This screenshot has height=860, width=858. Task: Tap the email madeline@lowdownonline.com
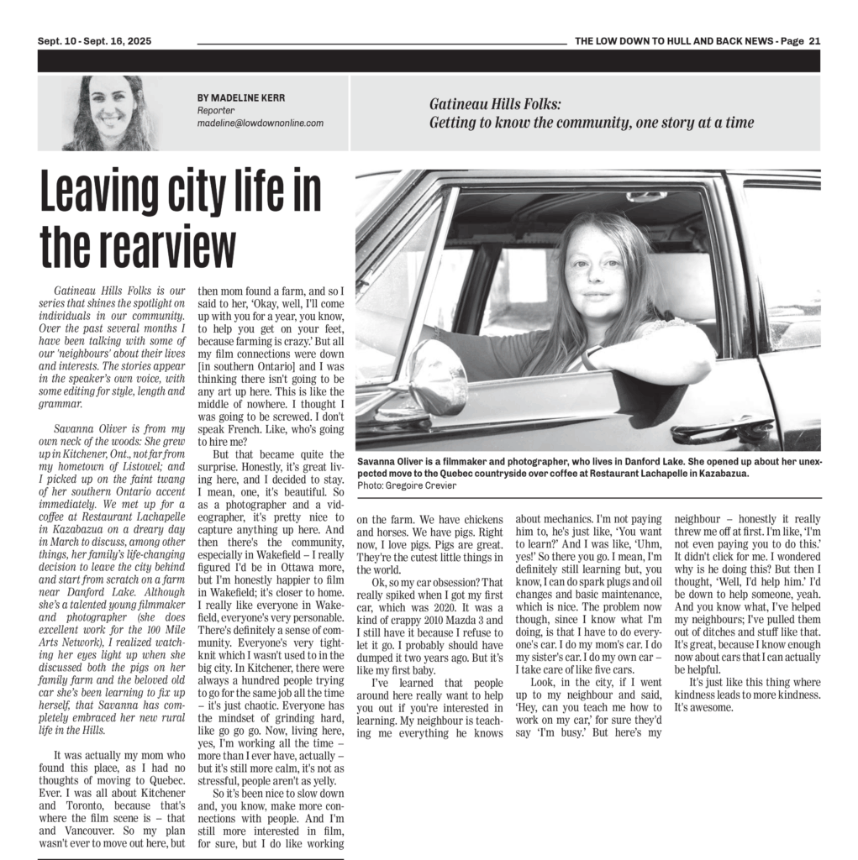[260, 123]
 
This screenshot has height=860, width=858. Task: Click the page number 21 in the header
[814, 41]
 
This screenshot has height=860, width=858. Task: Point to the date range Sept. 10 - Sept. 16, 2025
[94, 41]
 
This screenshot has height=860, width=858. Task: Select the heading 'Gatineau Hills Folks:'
[495, 105]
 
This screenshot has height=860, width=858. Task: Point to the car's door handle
[722, 432]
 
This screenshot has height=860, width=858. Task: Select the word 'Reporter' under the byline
[216, 110]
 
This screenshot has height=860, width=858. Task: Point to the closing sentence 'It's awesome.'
[704, 707]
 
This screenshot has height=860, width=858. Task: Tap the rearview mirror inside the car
[646, 197]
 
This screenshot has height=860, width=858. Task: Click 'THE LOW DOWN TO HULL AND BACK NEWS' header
[674, 41]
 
